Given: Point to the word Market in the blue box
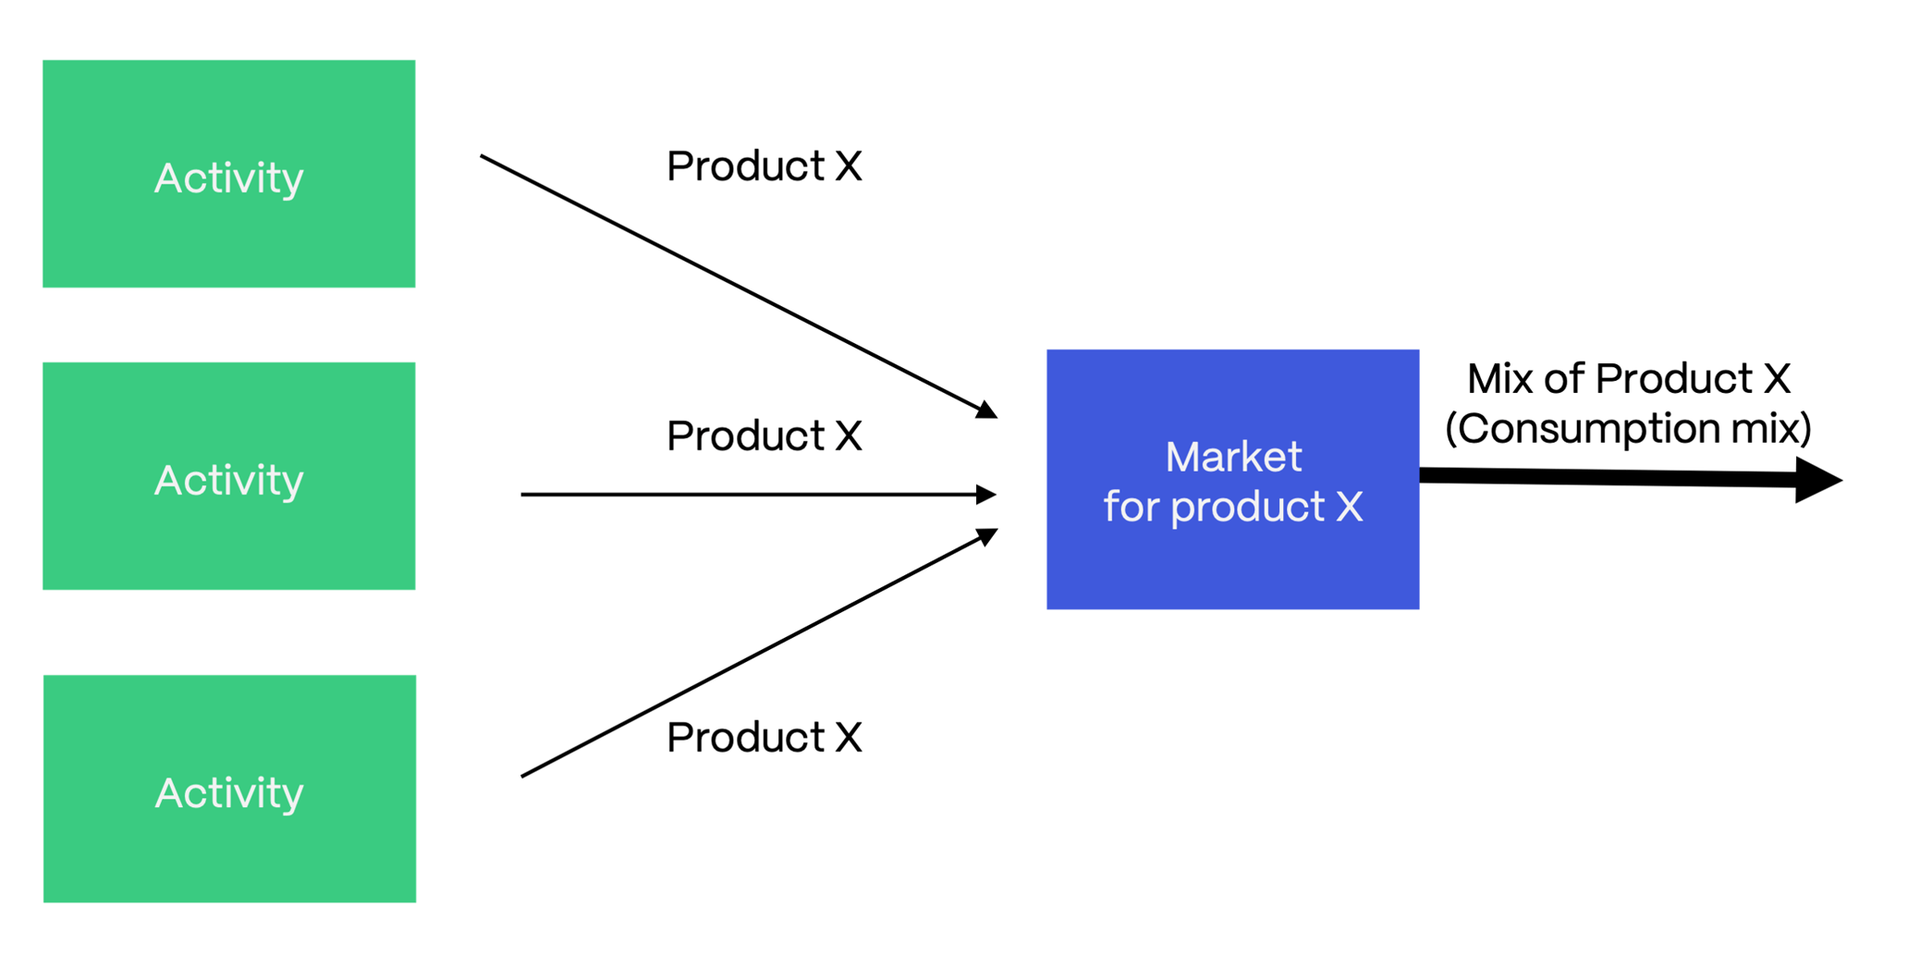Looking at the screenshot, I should [x=1233, y=457].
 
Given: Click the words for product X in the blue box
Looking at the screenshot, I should [x=1233, y=507].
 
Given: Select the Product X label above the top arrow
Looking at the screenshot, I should [x=764, y=166].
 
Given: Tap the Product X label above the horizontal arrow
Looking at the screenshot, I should [x=764, y=435].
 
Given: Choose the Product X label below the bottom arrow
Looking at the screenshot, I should [x=764, y=738].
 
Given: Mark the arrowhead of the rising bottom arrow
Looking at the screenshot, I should [x=987, y=536].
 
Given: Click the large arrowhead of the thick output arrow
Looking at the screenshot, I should [x=1816, y=480].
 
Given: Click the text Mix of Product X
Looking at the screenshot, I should [x=1628, y=379].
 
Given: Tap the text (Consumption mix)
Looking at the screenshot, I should [x=1628, y=428].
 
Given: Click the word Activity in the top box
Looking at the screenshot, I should [x=228, y=178].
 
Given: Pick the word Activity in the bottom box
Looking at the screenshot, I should [x=229, y=793].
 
